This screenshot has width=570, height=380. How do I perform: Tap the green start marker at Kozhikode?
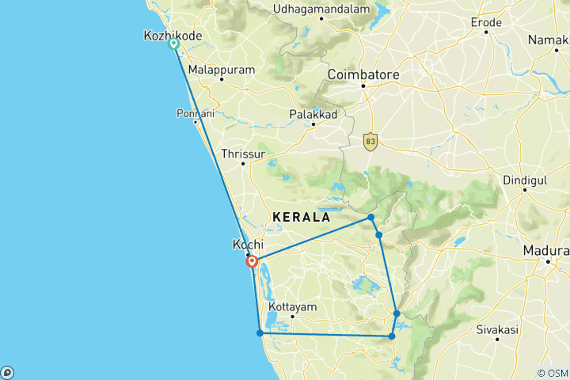pyautogui.click(x=173, y=44)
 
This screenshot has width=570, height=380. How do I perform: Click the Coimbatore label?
pyautogui.click(x=363, y=75)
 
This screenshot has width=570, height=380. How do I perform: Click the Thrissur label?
pyautogui.click(x=243, y=154)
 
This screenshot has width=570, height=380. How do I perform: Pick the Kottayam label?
pyautogui.click(x=293, y=306)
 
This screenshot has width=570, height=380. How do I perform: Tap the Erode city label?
pyautogui.click(x=486, y=23)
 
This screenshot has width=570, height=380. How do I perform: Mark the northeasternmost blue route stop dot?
pyautogui.click(x=370, y=217)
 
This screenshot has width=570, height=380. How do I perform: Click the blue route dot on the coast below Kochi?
pyautogui.click(x=260, y=332)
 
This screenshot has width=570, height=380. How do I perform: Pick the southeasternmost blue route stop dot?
pyautogui.click(x=392, y=336)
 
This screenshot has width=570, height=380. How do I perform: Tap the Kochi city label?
pyautogui.click(x=248, y=245)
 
